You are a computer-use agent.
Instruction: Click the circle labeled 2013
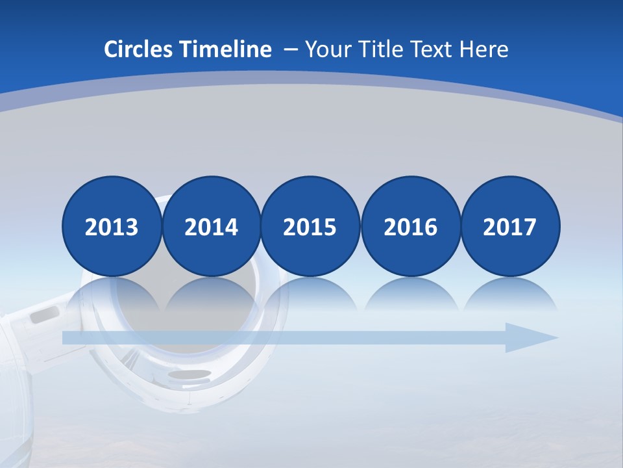pos(112,226)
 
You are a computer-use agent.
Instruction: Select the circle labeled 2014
pos(211,226)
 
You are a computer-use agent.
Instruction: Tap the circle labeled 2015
pos(310,226)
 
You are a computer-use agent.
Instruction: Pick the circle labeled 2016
pos(410,226)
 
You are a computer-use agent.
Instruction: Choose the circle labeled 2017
pos(510,226)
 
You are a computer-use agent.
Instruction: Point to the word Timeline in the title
pos(226,49)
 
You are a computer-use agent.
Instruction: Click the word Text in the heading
pos(434,49)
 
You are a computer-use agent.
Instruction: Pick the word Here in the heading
pos(484,49)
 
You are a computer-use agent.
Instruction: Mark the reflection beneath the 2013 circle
pos(112,296)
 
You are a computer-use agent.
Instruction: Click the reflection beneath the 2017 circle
pos(510,296)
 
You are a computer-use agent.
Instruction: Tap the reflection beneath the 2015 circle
pos(310,296)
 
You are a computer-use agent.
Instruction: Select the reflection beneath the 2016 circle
pos(410,296)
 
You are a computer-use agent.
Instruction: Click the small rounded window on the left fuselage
pos(45,315)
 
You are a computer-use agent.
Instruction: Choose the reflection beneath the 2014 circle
pos(211,296)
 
